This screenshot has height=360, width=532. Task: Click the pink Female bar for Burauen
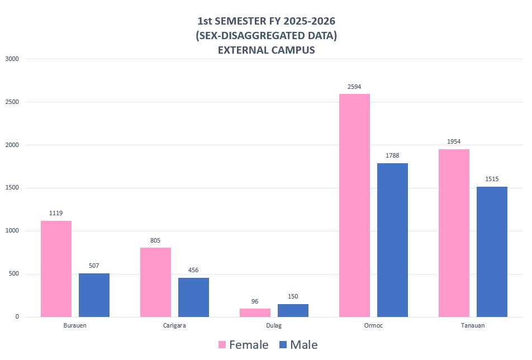[x=56, y=268]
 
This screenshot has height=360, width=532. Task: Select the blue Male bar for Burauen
[x=94, y=295]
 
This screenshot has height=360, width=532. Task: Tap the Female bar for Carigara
[x=155, y=282]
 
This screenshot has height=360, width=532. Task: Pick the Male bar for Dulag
[x=293, y=310]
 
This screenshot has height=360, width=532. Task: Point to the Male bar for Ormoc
[x=392, y=240]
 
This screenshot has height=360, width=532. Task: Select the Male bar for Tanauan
[x=492, y=252]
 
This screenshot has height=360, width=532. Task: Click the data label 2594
[x=354, y=87]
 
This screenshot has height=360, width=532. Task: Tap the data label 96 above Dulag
[x=255, y=301]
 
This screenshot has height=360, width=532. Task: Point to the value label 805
[x=155, y=240]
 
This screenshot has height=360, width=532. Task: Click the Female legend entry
[x=244, y=345]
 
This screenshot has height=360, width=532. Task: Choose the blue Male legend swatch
[x=283, y=345]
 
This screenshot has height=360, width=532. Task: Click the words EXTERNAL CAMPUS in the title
[x=266, y=50]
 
